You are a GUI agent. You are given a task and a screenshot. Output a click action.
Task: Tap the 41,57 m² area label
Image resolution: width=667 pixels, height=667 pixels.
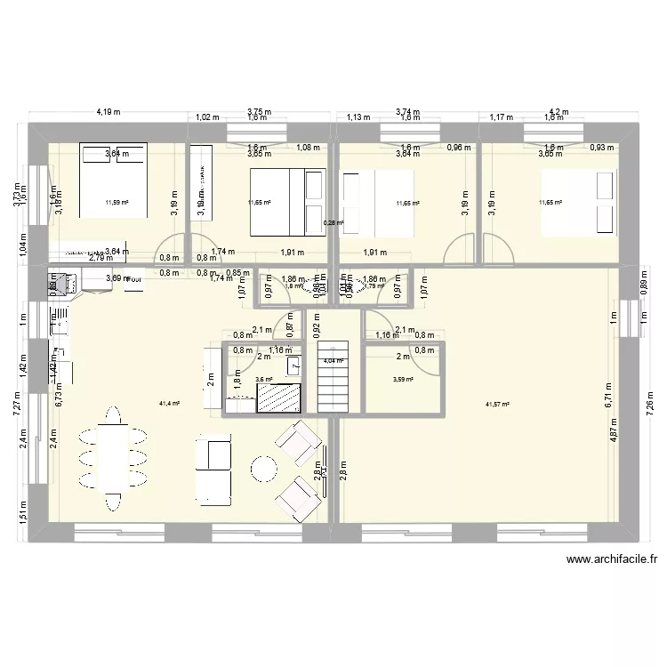click(x=497, y=405)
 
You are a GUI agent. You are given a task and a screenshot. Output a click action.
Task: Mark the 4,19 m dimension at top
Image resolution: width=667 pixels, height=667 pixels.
click(x=108, y=112)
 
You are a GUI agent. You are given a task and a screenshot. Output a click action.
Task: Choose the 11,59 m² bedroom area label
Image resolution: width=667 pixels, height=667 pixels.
click(x=116, y=203)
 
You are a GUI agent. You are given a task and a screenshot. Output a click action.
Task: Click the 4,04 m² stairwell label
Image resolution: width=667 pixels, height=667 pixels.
click(x=334, y=360)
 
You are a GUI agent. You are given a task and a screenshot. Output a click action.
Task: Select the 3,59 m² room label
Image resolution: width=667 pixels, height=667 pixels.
click(x=404, y=380)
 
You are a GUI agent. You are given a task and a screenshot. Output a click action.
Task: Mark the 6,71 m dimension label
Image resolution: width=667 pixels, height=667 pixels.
click(x=608, y=393)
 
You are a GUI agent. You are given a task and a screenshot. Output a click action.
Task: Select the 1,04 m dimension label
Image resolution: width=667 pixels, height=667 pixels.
click(x=22, y=240)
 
